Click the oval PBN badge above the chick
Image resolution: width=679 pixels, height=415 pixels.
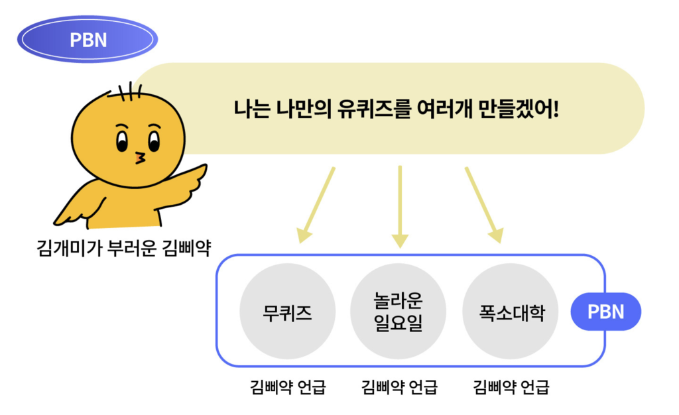(88, 39)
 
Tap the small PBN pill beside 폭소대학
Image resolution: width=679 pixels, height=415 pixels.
(606, 312)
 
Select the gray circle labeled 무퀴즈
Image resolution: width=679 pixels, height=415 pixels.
(288, 311)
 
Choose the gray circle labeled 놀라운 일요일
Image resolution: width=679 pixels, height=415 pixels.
(398, 311)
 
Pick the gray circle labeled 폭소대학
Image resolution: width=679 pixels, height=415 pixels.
(511, 311)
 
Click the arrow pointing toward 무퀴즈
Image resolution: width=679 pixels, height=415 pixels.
(316, 205)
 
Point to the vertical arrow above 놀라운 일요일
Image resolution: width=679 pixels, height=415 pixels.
(400, 207)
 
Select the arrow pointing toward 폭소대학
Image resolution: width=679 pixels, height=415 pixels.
(484, 205)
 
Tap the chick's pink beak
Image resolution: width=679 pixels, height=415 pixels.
(140, 158)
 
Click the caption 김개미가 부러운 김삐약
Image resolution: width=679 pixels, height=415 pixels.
(124, 249)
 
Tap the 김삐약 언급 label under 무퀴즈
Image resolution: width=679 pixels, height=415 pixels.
(288, 386)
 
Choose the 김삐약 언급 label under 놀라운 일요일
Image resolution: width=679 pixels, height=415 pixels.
(399, 386)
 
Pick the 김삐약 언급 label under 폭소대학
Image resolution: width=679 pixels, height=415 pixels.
(511, 386)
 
